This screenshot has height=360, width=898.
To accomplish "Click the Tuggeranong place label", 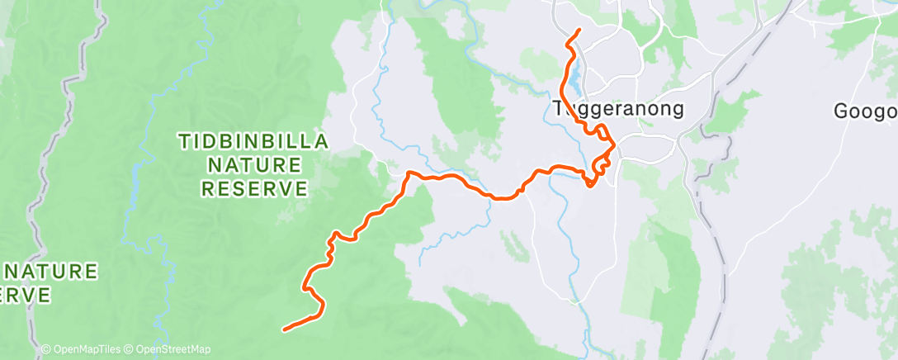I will point(617,109).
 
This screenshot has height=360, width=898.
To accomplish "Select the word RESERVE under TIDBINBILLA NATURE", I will point(254,188).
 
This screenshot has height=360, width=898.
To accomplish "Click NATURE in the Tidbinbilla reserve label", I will point(254,165).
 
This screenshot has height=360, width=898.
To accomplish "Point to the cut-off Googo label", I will point(865,111).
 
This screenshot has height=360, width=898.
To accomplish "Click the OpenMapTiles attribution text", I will point(83,349).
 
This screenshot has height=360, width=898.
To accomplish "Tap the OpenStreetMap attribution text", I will point(168,349).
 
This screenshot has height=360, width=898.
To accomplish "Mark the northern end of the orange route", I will point(579,31).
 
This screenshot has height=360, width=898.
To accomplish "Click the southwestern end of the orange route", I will point(285,330).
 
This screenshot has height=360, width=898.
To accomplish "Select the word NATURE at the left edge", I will point(51,271).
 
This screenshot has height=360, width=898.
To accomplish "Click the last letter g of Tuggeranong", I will point(678,111).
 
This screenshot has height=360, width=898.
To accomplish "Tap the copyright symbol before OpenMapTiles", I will point(46,349).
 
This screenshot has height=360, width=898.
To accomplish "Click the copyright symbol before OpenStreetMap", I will point(130,349).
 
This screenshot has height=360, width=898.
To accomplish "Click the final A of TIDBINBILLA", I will point(322,142).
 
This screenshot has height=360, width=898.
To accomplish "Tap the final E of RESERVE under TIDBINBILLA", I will point(300,188).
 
